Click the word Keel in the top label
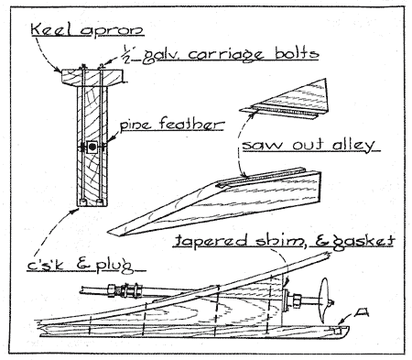coord(50,29)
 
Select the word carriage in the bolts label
coord(226,55)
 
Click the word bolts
coord(297,53)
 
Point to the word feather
coord(192,125)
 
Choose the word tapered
coord(211,241)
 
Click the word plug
coord(116,266)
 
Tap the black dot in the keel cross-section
coord(92,147)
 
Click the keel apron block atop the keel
coord(92,77)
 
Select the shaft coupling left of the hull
coord(126,290)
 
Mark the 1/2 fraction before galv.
coord(127,54)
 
